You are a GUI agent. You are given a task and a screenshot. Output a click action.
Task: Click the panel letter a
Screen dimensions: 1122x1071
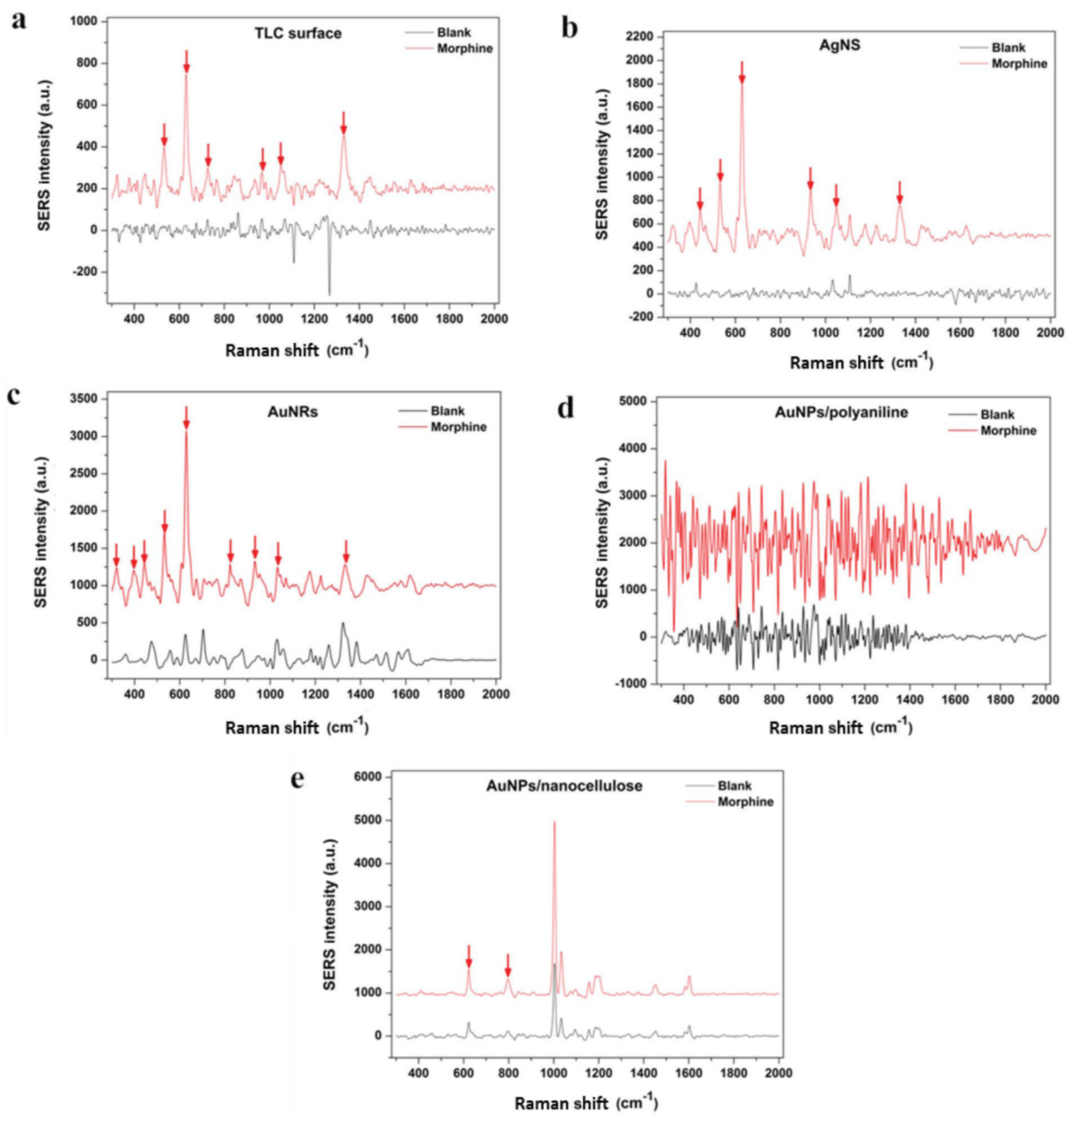pos(19,21)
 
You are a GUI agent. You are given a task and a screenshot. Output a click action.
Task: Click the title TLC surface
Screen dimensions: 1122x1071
pos(298,34)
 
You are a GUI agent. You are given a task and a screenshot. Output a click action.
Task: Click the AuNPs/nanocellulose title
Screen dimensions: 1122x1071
pos(564,786)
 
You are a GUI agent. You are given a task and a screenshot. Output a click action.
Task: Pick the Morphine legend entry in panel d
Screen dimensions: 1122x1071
pos(1008,431)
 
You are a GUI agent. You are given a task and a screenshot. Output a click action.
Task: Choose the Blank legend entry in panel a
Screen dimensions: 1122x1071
pos(454,33)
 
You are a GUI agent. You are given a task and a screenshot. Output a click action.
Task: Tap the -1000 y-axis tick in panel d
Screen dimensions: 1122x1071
pos(630,683)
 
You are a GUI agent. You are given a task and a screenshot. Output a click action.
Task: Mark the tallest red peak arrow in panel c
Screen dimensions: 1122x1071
pos(186,417)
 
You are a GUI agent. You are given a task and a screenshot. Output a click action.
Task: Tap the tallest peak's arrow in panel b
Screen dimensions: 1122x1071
pos(741,73)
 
